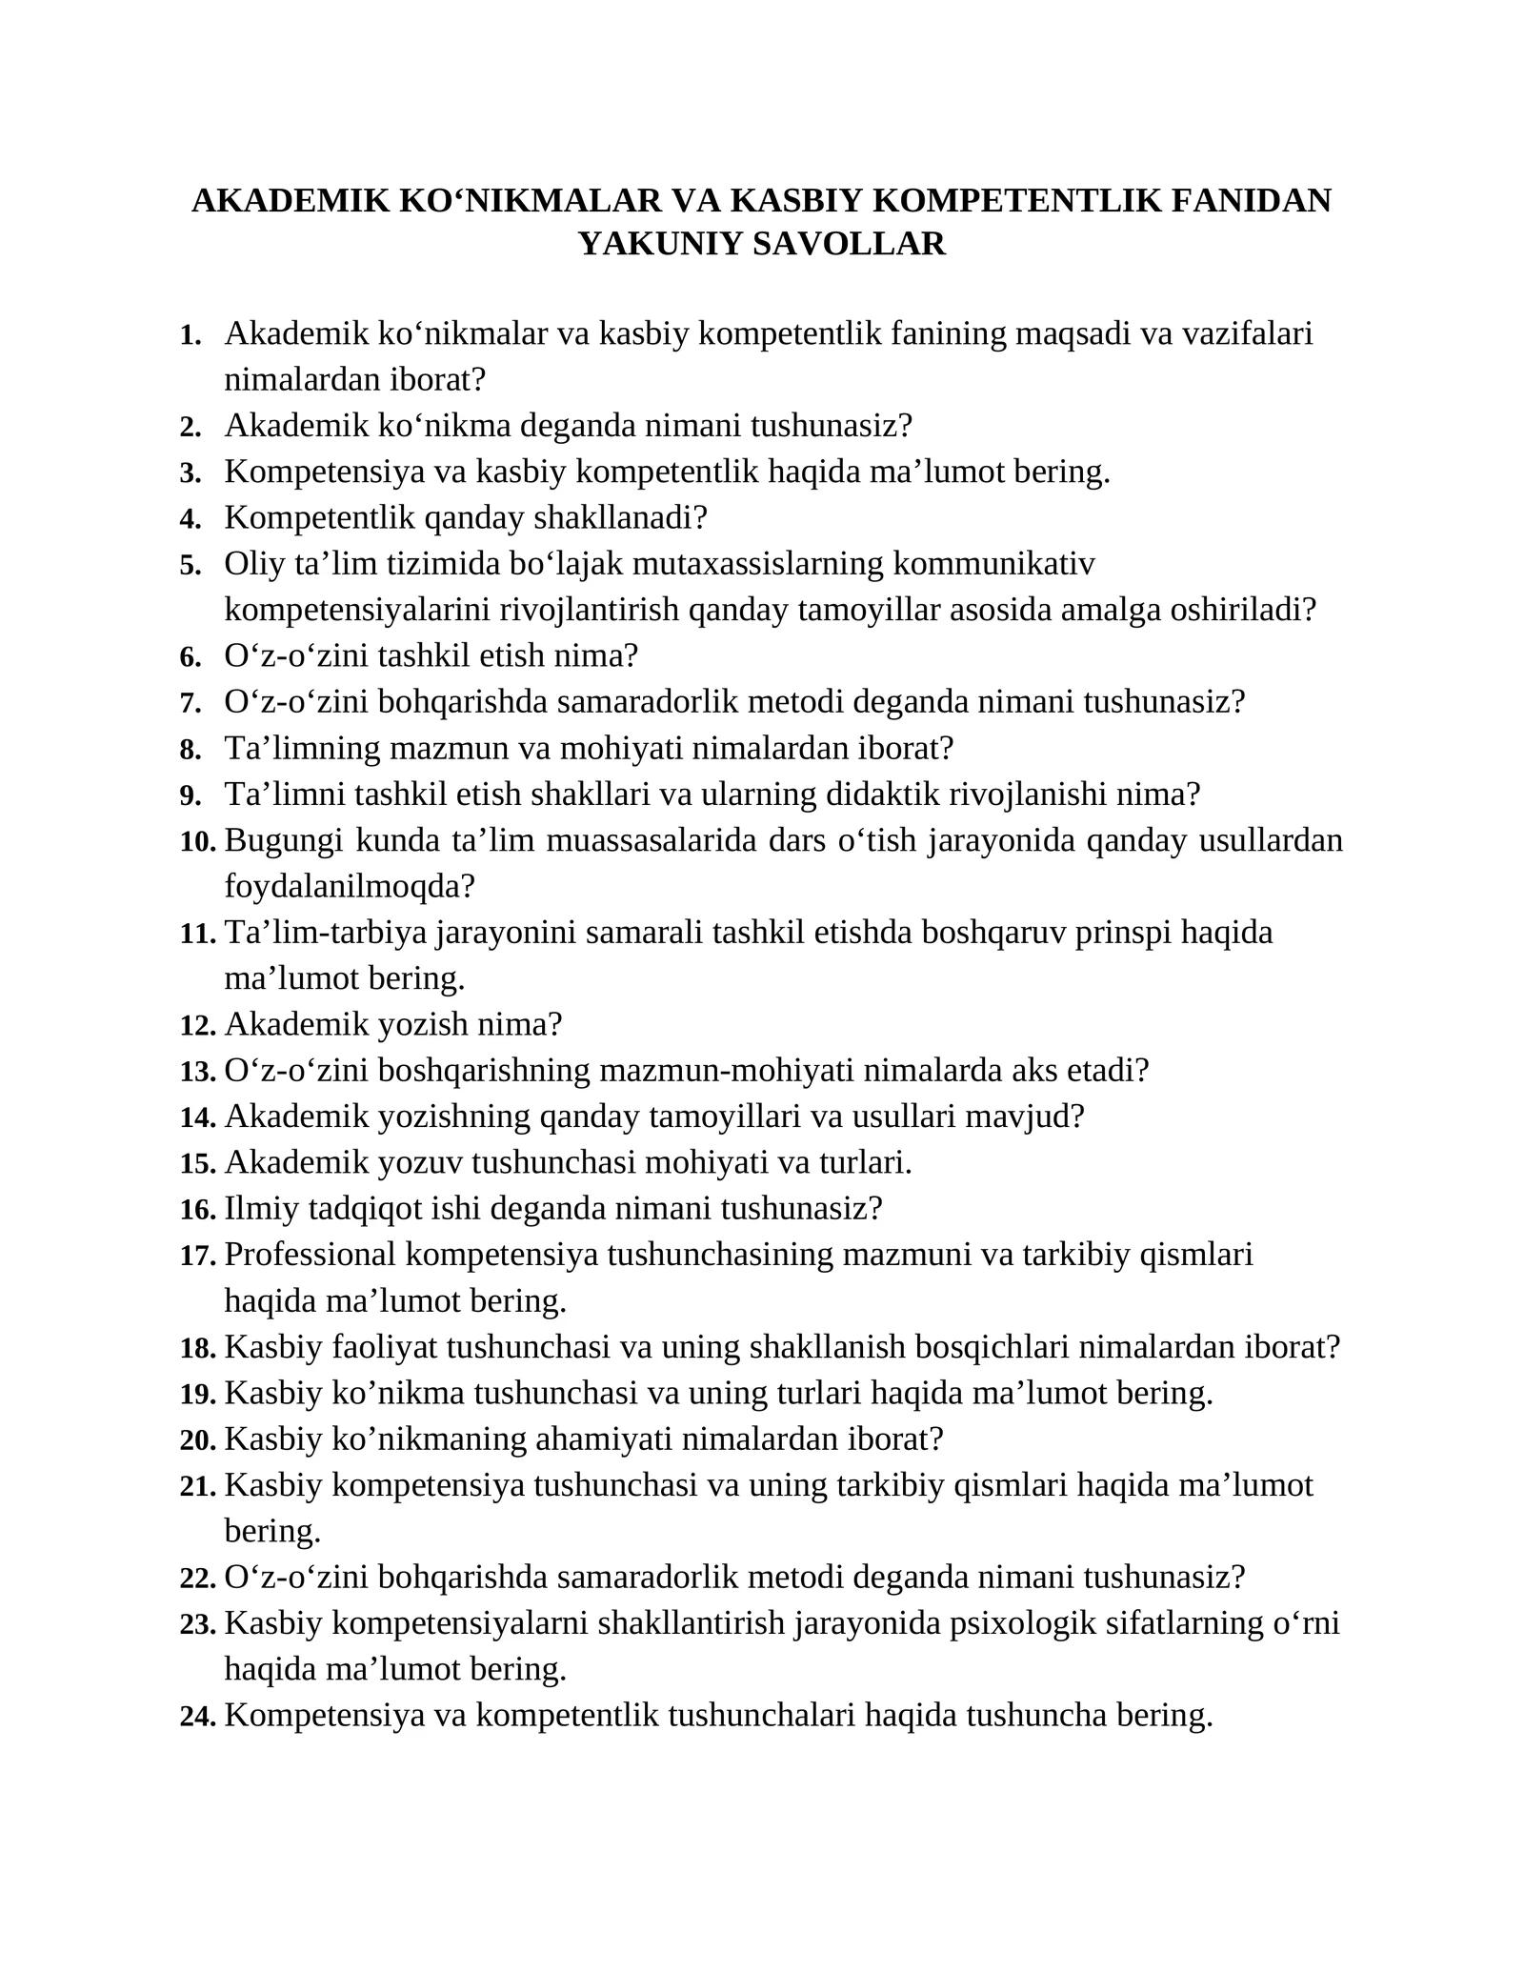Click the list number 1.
pos(190,335)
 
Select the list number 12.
pos(198,1026)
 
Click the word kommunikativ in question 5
pos(993,564)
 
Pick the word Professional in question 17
pos(310,1255)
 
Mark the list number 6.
pos(190,657)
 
